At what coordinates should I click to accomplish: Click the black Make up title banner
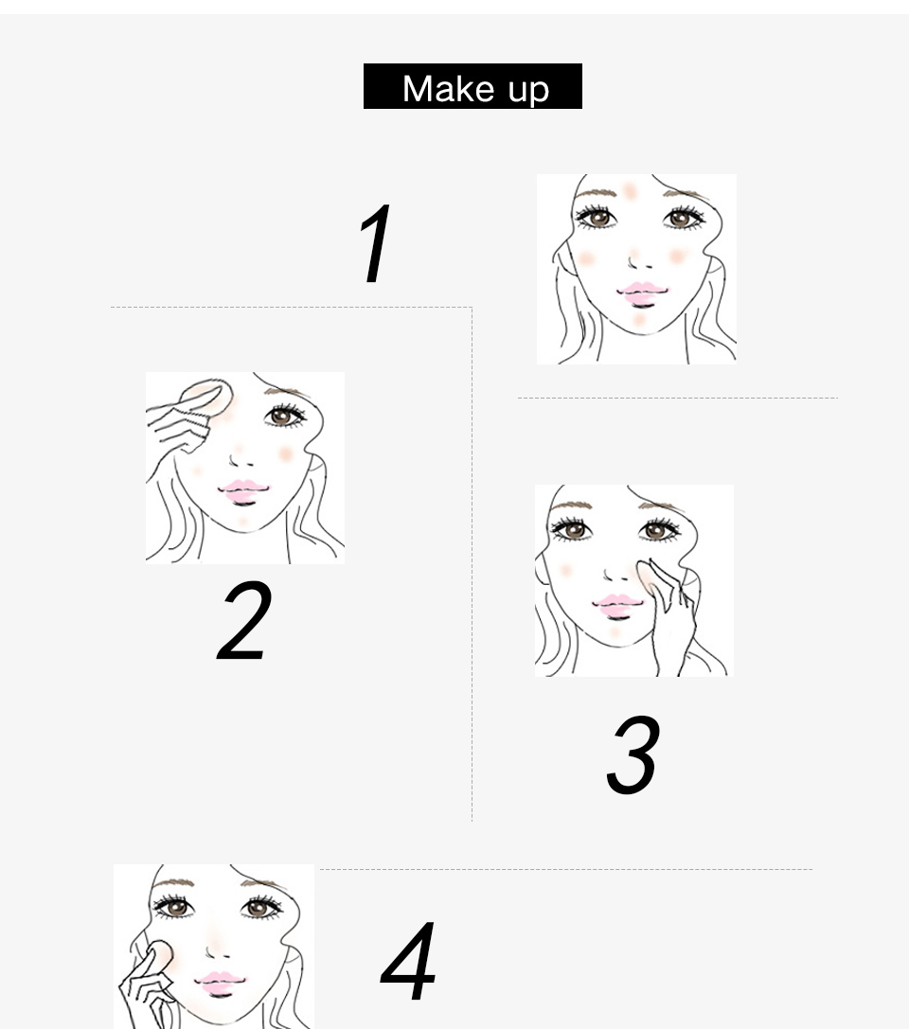coord(472,86)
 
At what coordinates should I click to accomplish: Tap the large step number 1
coord(376,242)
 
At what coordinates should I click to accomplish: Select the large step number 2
coord(244,620)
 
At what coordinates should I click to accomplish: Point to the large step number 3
coord(633,754)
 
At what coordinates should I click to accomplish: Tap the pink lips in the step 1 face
coord(642,293)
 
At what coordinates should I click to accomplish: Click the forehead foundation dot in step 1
coord(630,191)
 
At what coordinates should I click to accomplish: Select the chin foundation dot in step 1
coord(639,320)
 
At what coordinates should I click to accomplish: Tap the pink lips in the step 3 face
coord(617,607)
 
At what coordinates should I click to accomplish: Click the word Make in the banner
coord(448,89)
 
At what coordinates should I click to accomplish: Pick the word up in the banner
coord(529,91)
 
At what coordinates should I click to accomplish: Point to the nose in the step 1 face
coord(638,260)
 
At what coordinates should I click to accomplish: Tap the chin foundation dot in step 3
coord(615,632)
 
